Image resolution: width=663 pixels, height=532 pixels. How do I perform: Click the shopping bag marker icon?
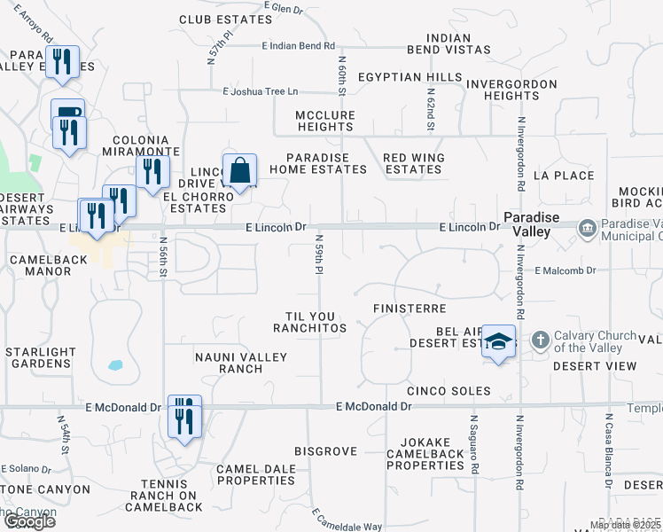pos(240,169)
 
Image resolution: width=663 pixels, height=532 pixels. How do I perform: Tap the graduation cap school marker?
pos(499,341)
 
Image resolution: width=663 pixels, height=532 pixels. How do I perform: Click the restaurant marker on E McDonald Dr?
pos(184,414)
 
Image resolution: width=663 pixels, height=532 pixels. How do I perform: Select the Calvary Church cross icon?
pos(540,340)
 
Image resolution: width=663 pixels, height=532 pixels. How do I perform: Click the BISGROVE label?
pos(325,451)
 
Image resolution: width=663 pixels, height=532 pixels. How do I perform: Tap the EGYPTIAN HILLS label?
pos(409,78)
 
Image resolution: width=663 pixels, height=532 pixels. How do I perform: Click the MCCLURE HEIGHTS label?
pos(325,121)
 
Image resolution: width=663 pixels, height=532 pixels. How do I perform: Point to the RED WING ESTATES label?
pos(413,163)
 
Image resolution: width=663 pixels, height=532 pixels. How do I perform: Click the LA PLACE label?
pos(564,176)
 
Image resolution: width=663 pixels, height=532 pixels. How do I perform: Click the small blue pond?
pos(115,364)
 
